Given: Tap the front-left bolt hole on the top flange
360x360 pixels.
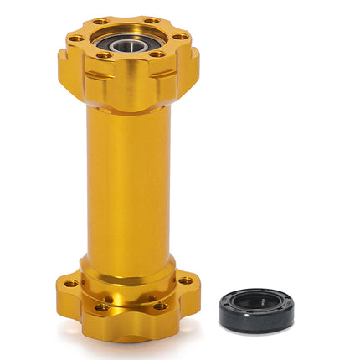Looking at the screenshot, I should click(x=104, y=55).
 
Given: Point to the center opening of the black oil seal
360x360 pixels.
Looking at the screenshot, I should click(x=256, y=302).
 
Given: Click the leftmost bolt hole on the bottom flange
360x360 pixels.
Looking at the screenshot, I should click(x=72, y=283).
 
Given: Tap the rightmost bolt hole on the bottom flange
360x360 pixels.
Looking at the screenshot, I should click(x=185, y=280).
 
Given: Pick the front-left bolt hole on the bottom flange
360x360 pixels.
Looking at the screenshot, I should click(x=101, y=306).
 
